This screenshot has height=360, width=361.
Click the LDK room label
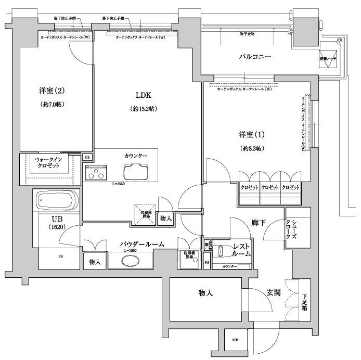(143, 95)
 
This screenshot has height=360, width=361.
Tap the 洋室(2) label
(52, 91)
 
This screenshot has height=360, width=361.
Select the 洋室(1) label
(252, 134)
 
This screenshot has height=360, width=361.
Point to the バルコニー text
(255, 56)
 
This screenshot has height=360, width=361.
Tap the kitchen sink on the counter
(136, 171)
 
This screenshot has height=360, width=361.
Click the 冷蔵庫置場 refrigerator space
(146, 213)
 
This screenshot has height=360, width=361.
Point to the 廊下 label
(259, 223)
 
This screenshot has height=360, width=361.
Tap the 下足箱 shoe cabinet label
(304, 302)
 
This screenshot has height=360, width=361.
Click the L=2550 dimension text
(119, 184)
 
